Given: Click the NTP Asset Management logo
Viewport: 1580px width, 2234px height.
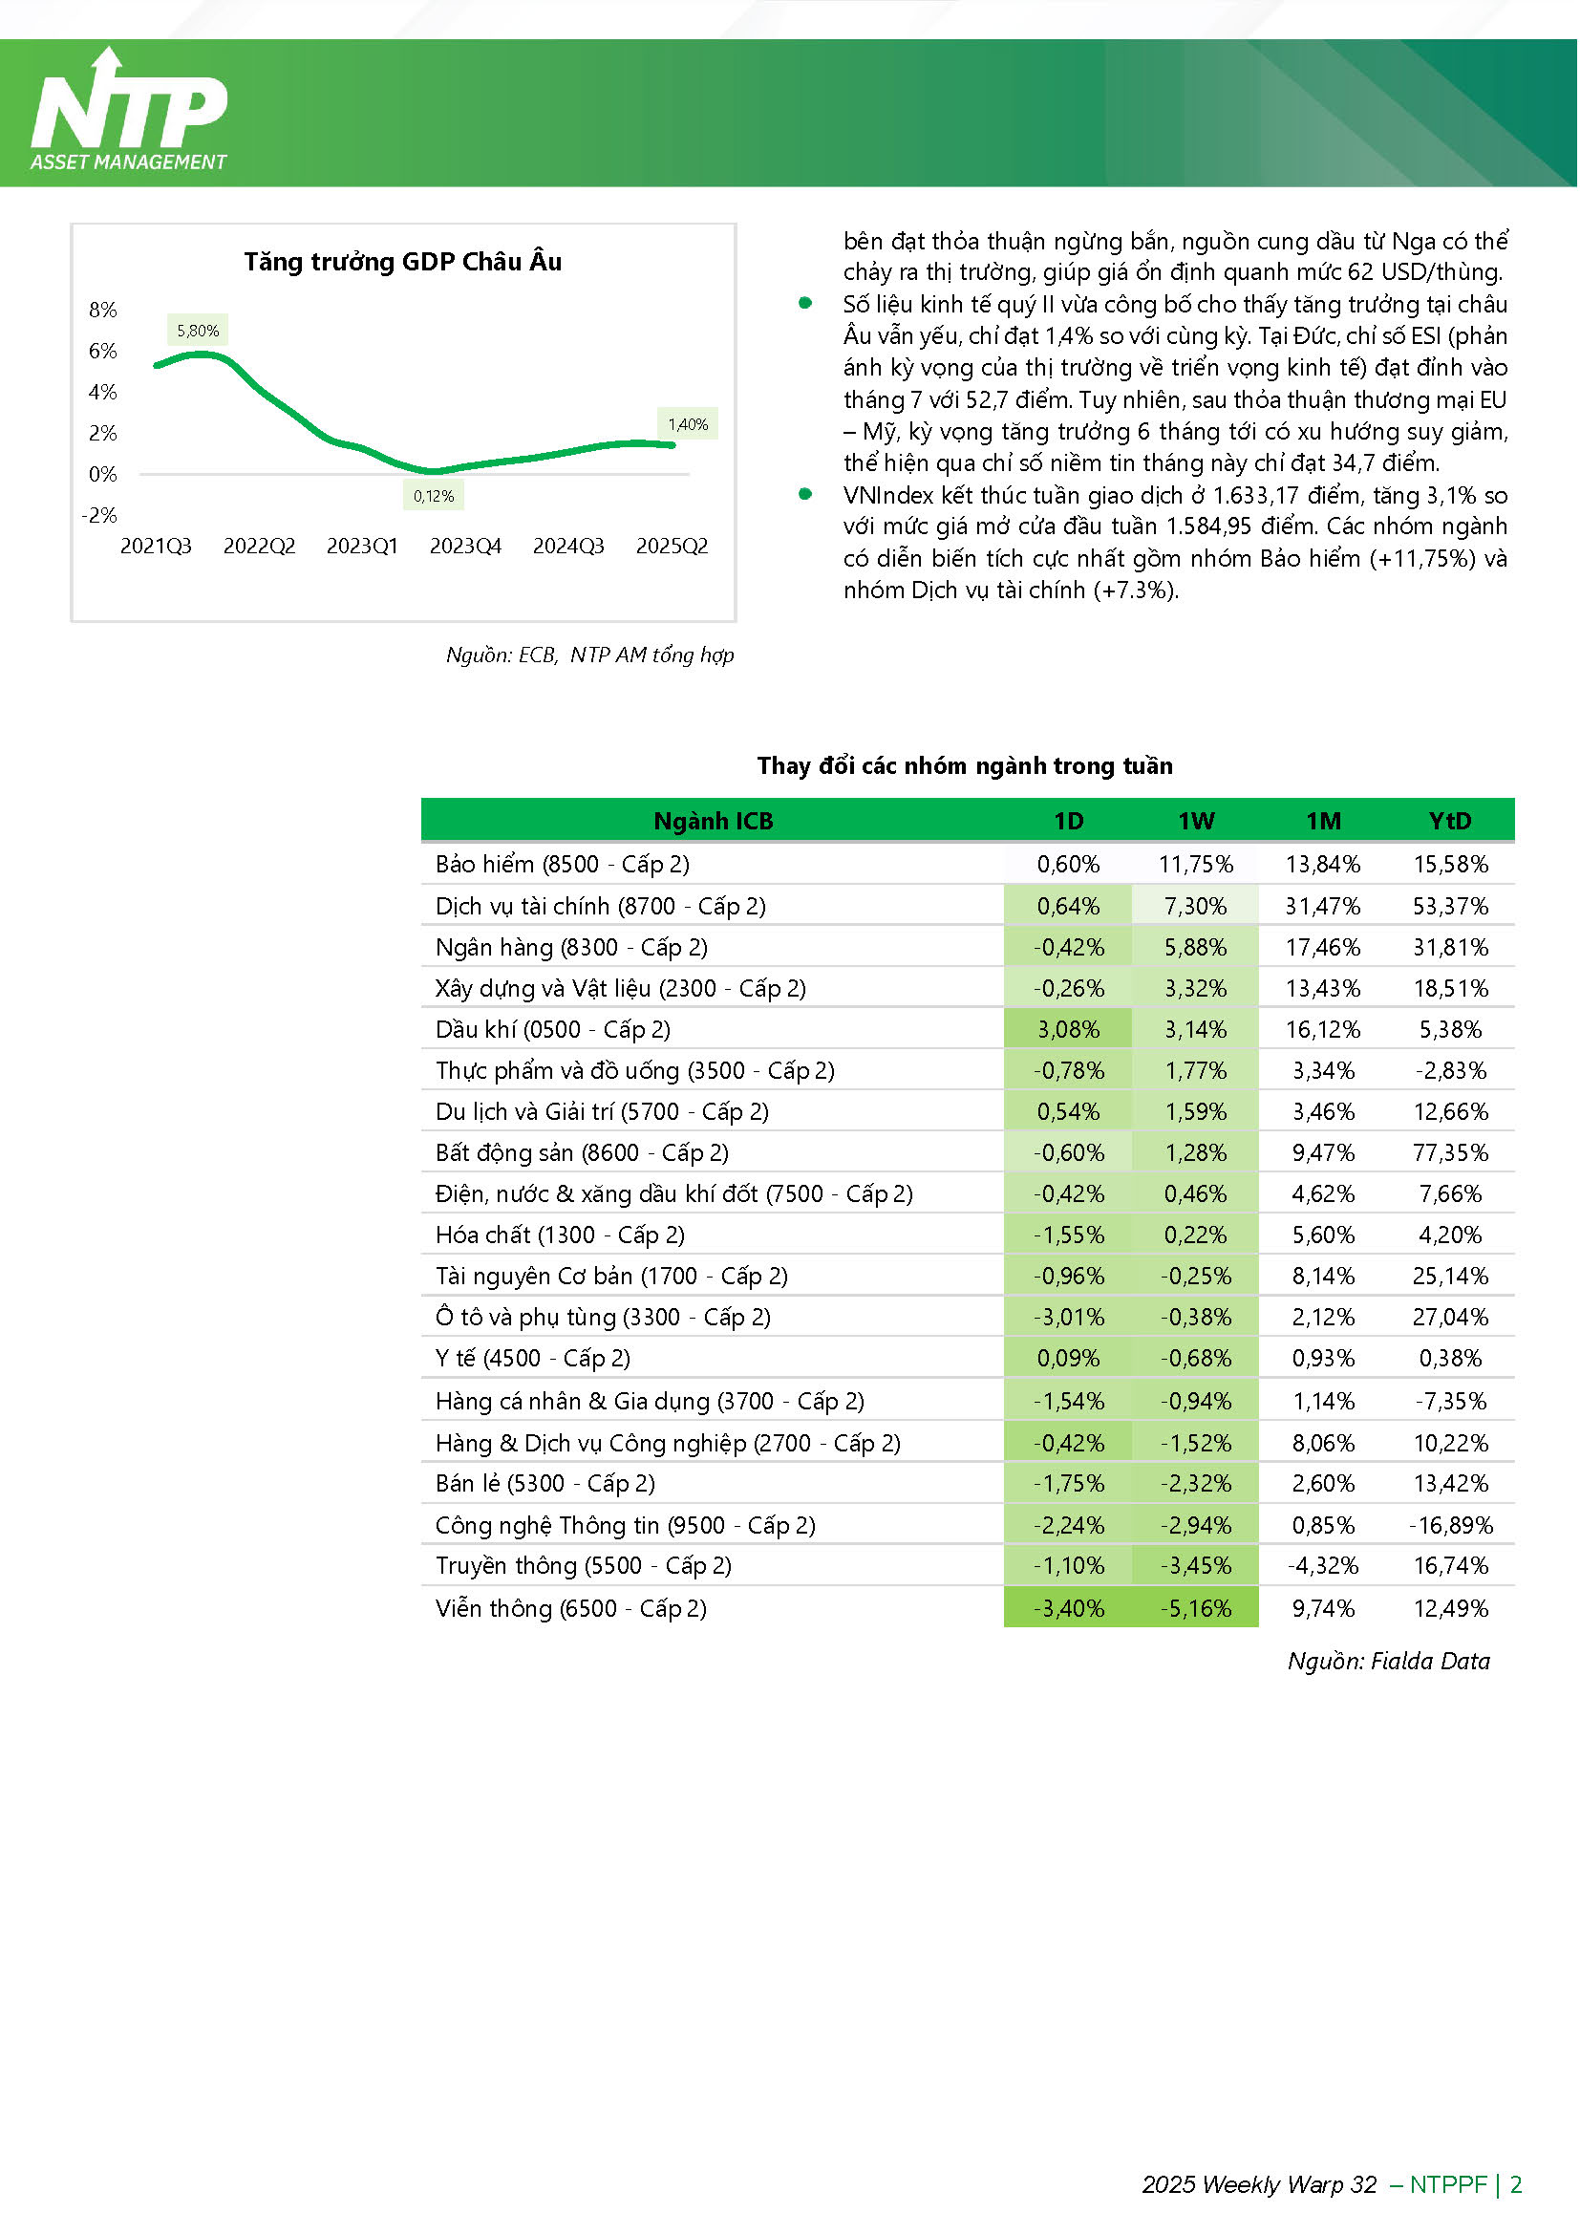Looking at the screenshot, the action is [x=129, y=111].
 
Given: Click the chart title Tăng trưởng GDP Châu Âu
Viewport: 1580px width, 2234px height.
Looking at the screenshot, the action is [x=403, y=262].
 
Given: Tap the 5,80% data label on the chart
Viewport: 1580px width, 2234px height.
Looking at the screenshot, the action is [x=198, y=331].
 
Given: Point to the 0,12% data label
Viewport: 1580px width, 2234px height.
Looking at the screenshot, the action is [x=433, y=496].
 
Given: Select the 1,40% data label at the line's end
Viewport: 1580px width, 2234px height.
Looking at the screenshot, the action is [x=688, y=424].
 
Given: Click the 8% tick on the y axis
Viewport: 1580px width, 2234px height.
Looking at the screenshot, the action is [x=103, y=311].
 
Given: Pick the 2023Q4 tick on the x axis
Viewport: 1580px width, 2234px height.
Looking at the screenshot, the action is [x=465, y=547].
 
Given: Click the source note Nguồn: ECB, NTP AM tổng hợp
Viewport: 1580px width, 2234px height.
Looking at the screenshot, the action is [x=589, y=655].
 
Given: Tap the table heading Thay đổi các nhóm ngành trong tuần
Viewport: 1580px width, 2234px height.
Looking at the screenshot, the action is [x=965, y=766].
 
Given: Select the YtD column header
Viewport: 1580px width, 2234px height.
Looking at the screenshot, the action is [x=1450, y=821].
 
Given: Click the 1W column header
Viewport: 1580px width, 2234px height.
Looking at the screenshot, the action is [x=1196, y=821].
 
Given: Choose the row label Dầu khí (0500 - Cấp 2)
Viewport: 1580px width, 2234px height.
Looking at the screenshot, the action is [x=552, y=1030].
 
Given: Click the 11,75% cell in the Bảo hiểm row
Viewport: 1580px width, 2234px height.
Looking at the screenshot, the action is [x=1196, y=864].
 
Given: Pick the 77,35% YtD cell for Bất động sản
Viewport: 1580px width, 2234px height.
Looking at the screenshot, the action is [x=1451, y=1153].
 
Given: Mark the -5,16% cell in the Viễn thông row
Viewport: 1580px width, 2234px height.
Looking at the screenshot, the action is [x=1196, y=1608].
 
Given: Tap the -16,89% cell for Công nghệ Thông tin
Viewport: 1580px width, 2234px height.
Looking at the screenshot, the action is [x=1451, y=1526].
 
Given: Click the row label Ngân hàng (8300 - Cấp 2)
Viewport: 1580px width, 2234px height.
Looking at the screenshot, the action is [x=571, y=948].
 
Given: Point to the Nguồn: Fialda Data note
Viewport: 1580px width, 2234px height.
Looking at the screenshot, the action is [x=1388, y=1661].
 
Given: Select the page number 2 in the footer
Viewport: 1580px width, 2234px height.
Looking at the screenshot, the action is [x=1515, y=2184].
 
